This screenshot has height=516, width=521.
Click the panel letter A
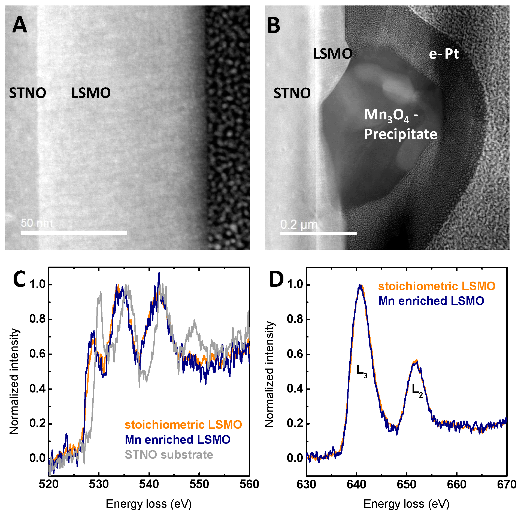(20, 25)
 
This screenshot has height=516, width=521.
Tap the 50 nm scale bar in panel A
(74, 233)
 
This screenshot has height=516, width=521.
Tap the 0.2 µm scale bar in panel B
(318, 233)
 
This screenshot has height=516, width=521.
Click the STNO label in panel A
(28, 93)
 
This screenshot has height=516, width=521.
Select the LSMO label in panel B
(332, 54)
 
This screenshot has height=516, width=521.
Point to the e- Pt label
(444, 54)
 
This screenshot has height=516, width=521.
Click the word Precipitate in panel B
(401, 134)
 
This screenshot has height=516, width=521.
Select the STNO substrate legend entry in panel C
(169, 455)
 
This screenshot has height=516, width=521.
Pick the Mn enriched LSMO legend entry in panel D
(431, 301)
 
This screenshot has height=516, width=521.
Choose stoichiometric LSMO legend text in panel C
(183, 425)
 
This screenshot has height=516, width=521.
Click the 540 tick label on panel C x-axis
(149, 484)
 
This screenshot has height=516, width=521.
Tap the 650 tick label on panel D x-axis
(407, 484)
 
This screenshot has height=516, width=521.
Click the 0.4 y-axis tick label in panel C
(38, 389)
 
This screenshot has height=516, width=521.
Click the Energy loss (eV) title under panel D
(406, 504)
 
